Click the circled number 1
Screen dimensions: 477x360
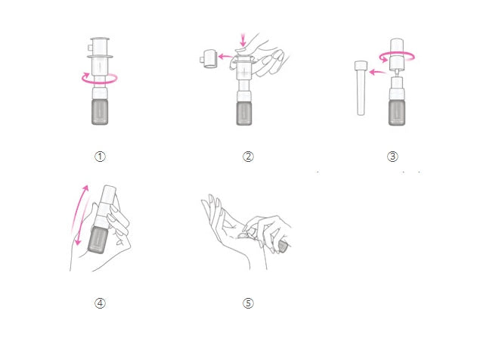pos(100,157)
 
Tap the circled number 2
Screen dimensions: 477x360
pos(248,157)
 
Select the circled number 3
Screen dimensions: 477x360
pos(392,157)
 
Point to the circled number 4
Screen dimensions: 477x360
pos(100,303)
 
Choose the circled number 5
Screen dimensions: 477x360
pos(248,303)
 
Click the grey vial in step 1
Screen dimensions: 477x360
pos(100,111)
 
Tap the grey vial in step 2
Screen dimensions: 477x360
pos(244,113)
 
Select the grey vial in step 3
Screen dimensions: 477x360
pos(397,113)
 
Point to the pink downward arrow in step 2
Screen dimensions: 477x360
pos(243,39)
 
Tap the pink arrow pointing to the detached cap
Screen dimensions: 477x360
pos(225,56)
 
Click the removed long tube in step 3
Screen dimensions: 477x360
pos(361,88)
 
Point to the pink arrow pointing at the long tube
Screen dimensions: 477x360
pos(377,72)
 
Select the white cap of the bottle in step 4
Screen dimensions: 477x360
pos(109,194)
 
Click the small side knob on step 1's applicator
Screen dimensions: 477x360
pos(90,48)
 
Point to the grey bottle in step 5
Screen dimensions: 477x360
pos(283,246)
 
